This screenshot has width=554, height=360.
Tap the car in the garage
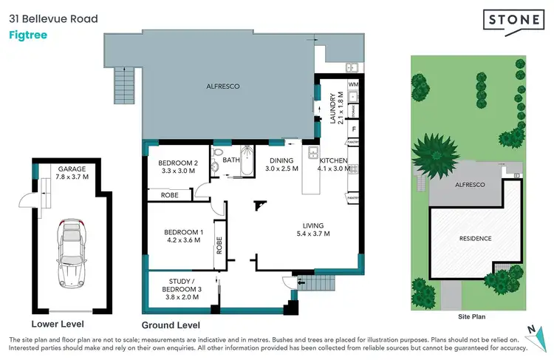(72, 243)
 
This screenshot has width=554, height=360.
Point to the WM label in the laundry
(353, 86)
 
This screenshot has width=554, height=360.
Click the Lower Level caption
(57, 324)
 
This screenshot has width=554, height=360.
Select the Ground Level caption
(170, 325)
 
